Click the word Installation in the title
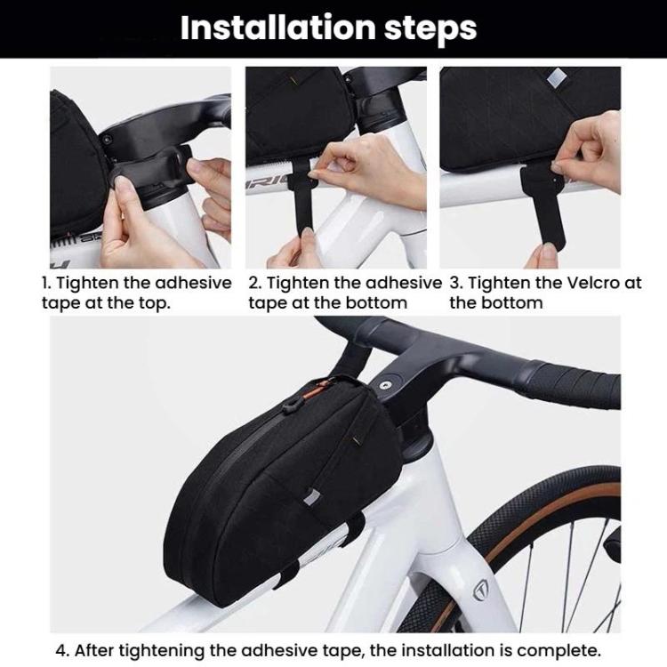coord(277,28)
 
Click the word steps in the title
coord(430,29)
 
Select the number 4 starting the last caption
coord(61,650)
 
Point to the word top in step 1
coord(154,304)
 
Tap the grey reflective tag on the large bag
coord(313,497)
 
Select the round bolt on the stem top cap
coord(386,385)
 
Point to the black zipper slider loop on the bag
coord(289,407)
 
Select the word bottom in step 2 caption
coord(376,303)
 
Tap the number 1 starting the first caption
coord(45,283)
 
